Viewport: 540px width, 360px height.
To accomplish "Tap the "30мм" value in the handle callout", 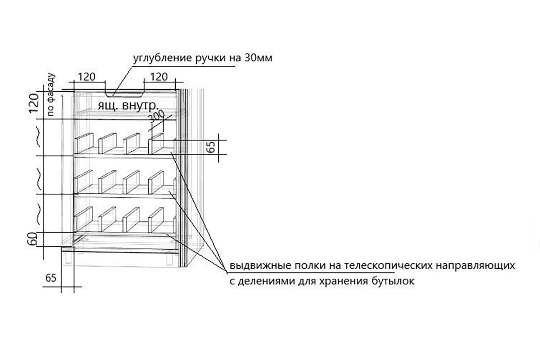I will tap(258, 58).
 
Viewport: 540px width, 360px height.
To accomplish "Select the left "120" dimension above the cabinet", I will tap(86, 77).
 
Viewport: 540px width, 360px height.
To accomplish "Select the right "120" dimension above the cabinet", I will tap(159, 77).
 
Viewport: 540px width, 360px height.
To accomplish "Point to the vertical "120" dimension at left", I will tap(34, 103).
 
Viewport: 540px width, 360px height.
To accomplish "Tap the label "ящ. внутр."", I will tap(128, 105).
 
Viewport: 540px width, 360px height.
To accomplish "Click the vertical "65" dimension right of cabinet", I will tap(212, 147).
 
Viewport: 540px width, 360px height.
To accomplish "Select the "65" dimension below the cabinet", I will tap(51, 278).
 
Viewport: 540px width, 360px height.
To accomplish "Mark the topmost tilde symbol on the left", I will tap(39, 137).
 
